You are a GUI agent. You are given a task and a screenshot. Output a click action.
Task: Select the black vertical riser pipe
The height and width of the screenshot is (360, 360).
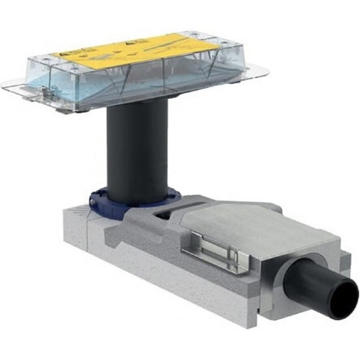[136, 149]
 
